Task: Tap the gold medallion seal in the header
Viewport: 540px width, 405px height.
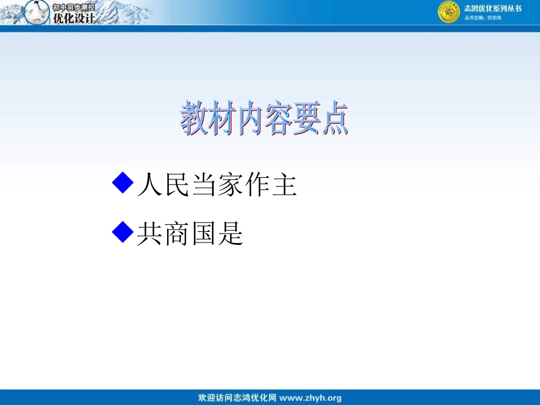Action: coord(448,12)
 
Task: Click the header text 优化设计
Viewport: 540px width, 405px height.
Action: coord(73,18)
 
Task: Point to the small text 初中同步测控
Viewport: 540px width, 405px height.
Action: coord(73,7)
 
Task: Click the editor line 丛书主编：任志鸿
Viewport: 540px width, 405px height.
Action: coord(483,18)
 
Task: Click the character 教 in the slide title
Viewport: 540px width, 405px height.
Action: coord(194,119)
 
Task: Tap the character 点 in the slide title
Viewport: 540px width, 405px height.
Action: coord(334,119)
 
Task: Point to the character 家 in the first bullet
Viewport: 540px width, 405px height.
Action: coord(230,185)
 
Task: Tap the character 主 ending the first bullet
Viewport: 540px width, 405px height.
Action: coord(284,185)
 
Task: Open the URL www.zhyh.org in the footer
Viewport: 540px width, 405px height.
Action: coord(311,398)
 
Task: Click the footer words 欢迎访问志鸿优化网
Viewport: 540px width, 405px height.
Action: coord(237,398)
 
